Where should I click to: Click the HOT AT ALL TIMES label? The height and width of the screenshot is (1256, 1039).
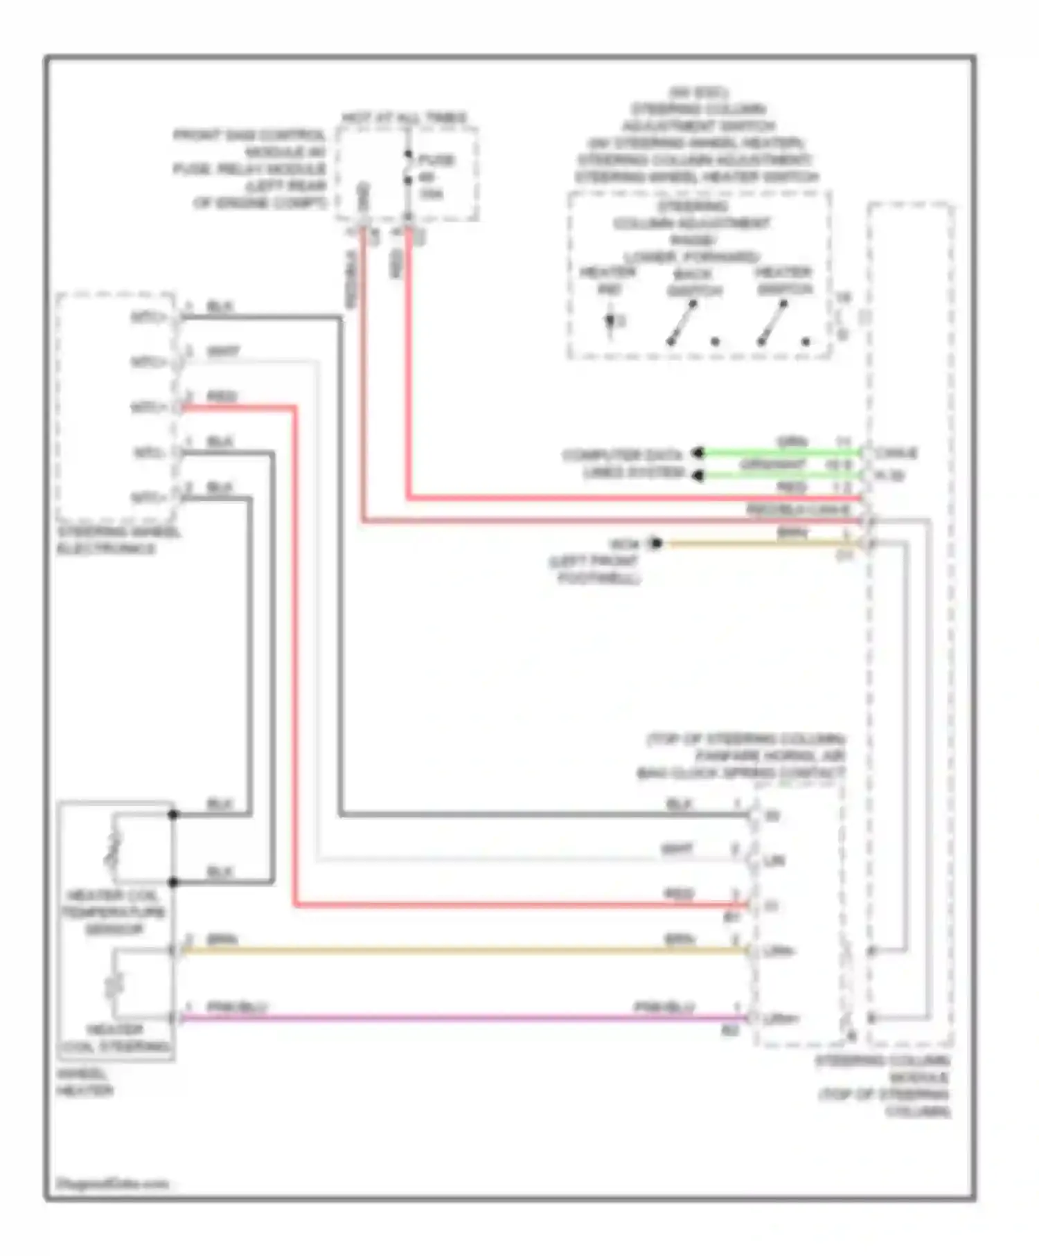tap(405, 118)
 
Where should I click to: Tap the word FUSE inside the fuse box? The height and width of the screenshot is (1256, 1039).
tap(436, 160)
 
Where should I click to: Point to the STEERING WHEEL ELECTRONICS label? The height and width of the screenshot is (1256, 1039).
tap(118, 541)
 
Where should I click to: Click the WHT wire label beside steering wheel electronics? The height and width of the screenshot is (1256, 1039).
tap(223, 352)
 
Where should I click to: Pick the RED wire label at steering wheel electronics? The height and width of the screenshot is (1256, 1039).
tap(222, 397)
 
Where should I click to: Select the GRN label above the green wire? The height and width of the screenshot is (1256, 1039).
tap(792, 441)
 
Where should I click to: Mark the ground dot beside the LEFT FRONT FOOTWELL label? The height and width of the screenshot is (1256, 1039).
tap(655, 544)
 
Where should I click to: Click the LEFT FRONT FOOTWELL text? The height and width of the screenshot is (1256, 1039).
tap(596, 569)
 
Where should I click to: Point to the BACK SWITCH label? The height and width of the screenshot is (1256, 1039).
tap(694, 282)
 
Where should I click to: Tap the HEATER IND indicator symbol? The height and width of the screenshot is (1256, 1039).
tap(610, 323)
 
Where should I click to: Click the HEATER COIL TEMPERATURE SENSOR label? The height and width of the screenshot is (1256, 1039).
tap(114, 912)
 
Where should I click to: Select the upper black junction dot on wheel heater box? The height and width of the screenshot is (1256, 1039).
tap(173, 815)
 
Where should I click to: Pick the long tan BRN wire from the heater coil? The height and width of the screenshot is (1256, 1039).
tap(464, 951)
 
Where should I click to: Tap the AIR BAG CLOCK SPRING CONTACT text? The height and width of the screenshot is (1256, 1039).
tap(741, 772)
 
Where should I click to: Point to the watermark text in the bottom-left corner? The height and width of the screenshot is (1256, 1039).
tap(112, 1183)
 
